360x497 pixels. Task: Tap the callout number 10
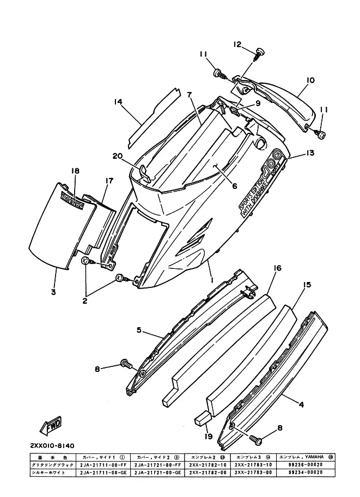(310, 81)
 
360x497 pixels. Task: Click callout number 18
(75, 171)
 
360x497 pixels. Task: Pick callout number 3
(53, 292)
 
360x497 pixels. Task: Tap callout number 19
(208, 435)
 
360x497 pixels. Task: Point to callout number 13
(310, 154)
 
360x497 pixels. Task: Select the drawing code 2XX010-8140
(53, 445)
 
